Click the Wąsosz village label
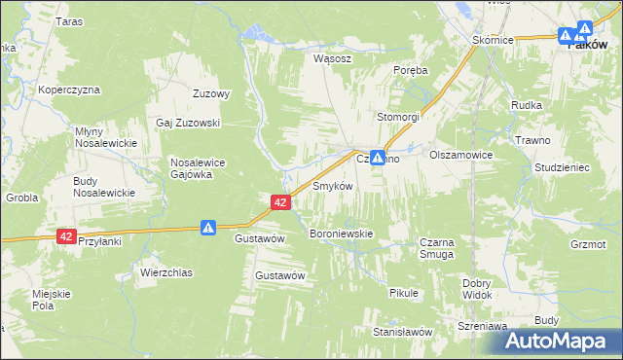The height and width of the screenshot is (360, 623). click(x=332, y=58)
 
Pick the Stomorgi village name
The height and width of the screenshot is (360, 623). click(x=398, y=117)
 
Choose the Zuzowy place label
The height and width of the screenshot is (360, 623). click(x=211, y=94)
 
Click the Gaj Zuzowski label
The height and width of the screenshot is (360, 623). click(x=189, y=124)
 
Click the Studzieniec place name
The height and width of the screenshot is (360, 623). click(x=562, y=167)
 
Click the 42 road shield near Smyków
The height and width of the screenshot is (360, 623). click(x=279, y=202)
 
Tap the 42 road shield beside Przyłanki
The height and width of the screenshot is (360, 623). click(x=66, y=236)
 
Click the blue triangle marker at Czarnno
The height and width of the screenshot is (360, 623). click(x=376, y=156)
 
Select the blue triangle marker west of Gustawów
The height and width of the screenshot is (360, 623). click(x=208, y=227)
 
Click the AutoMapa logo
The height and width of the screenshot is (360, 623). click(x=564, y=340)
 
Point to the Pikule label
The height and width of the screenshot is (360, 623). click(x=403, y=293)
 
